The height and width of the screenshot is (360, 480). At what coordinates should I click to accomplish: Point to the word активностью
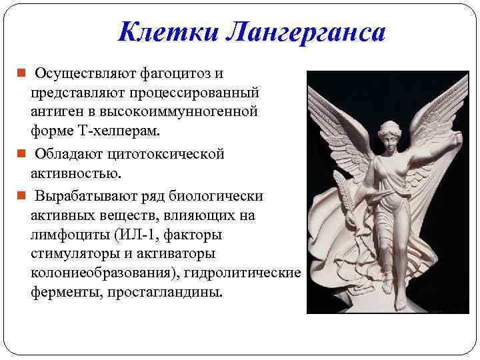click(76, 173)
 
